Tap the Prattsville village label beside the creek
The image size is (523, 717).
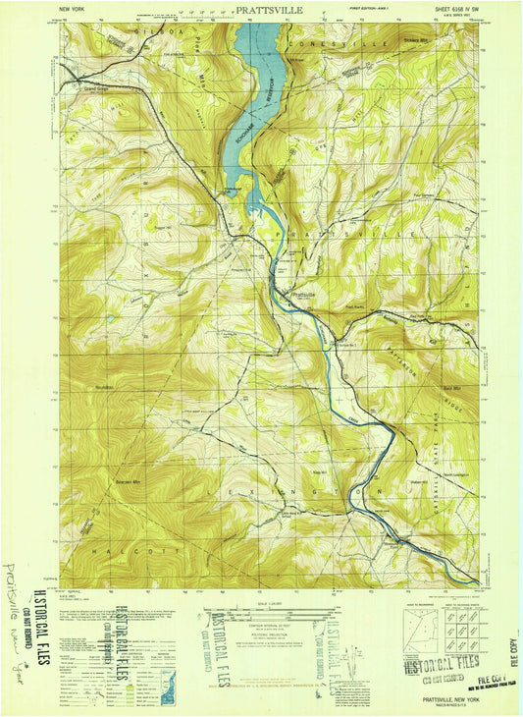coord(301,292)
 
